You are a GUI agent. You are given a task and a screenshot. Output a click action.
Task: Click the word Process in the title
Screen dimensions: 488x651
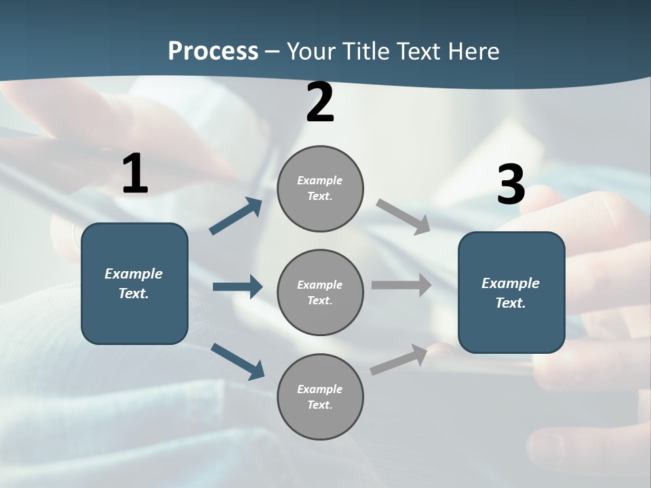point(213,51)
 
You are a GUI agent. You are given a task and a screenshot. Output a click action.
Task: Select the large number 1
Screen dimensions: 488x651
point(135,174)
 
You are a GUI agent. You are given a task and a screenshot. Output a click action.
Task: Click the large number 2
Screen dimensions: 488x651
point(320,102)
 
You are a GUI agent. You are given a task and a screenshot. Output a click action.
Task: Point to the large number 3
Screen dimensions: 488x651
point(511,184)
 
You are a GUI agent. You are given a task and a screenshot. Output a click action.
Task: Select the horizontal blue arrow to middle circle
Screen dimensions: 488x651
point(237,287)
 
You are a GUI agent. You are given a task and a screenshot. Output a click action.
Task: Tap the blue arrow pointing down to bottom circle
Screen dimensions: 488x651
point(238,361)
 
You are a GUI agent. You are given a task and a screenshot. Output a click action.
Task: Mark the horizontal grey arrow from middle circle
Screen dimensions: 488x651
point(401,285)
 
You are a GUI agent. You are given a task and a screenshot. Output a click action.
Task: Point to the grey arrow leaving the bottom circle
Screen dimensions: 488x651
point(399,359)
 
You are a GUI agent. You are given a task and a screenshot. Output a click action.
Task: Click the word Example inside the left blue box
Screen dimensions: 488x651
point(134,274)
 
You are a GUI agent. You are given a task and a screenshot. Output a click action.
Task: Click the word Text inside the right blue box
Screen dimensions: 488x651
point(510,303)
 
